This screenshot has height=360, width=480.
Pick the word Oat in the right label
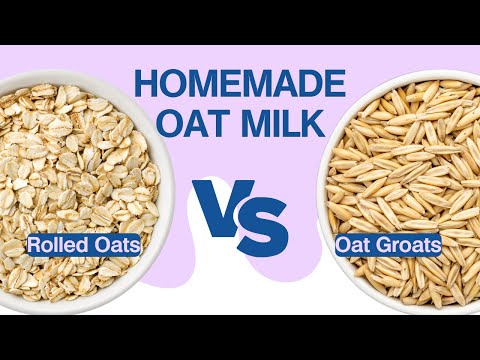click(355, 244)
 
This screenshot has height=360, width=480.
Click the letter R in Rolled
click(34, 244)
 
